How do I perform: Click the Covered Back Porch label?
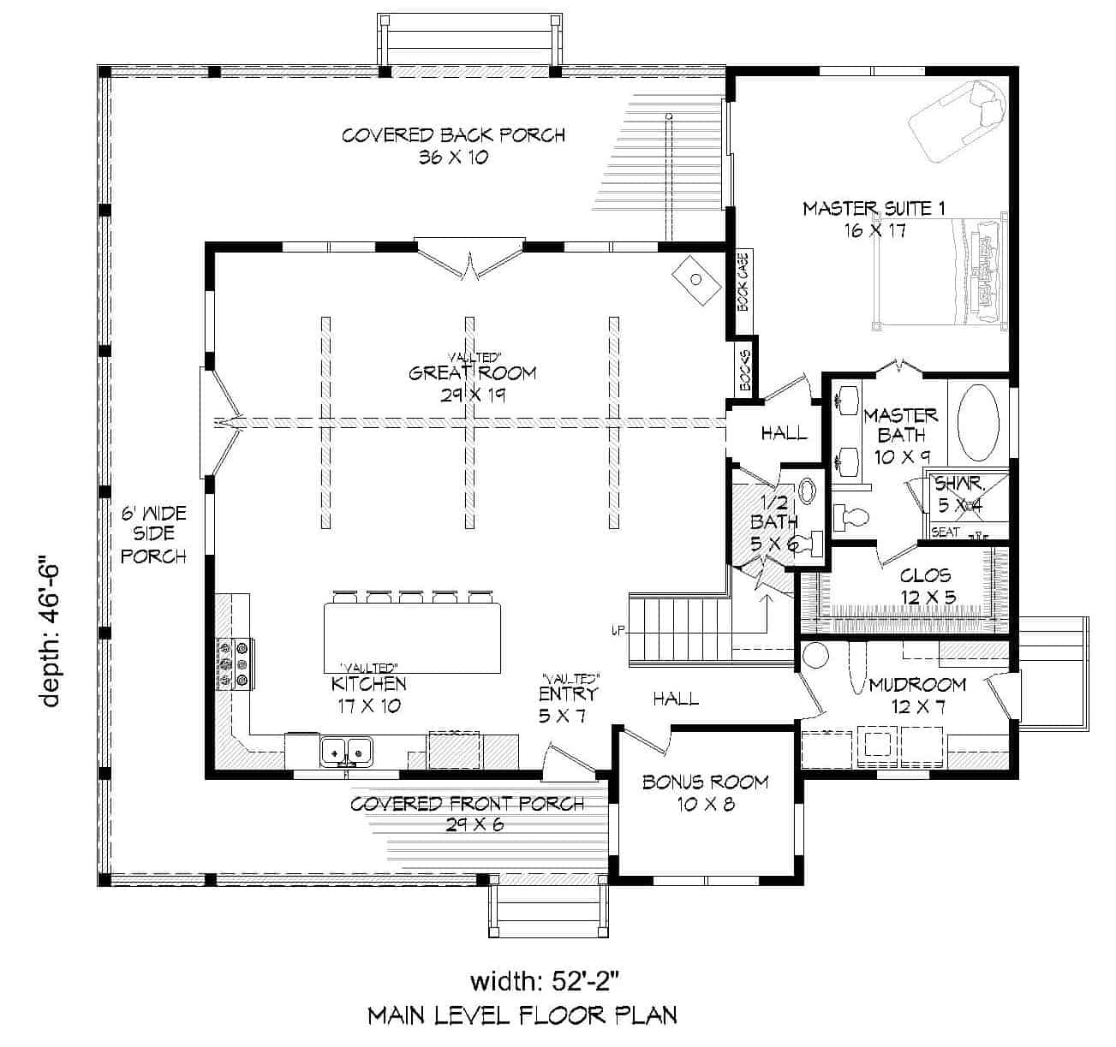(453, 146)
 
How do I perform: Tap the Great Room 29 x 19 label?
(472, 383)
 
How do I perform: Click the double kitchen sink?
(347, 751)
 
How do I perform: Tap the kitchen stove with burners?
(233, 663)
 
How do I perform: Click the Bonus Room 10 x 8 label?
(706, 793)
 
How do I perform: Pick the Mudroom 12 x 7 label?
(917, 695)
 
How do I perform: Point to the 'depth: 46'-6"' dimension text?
(51, 634)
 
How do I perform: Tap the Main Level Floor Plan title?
(522, 1015)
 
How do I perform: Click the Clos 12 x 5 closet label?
(926, 586)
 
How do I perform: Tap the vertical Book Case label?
(743, 282)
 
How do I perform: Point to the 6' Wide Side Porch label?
(153, 535)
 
